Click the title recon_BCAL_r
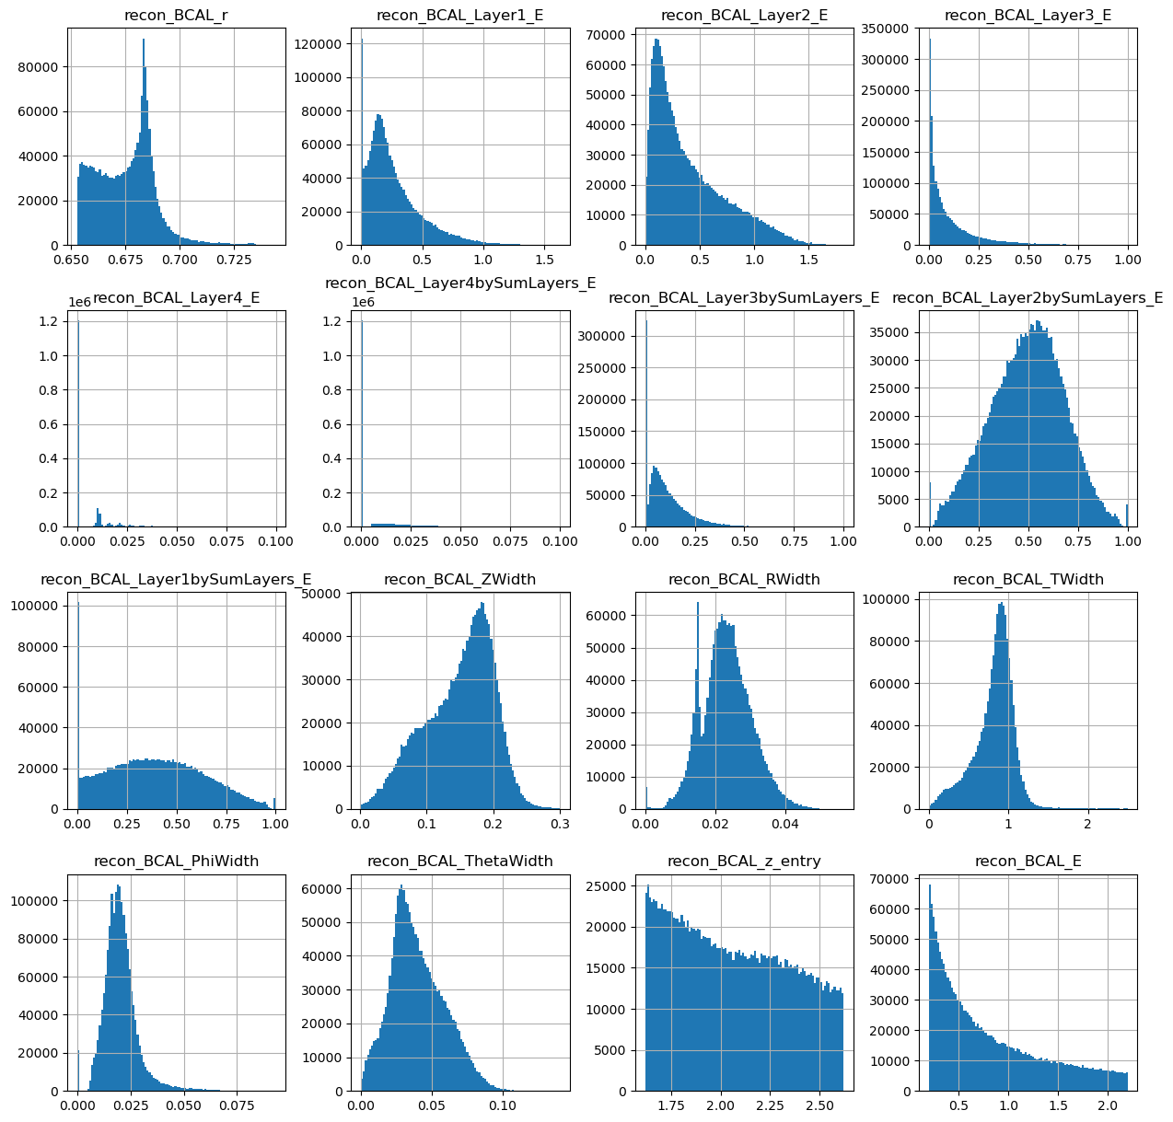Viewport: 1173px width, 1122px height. point(176,16)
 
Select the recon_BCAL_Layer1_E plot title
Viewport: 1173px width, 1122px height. point(460,16)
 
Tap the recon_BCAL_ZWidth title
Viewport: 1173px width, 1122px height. point(459,579)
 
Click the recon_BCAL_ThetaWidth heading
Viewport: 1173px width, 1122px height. point(459,861)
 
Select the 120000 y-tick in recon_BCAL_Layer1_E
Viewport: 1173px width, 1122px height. point(323,44)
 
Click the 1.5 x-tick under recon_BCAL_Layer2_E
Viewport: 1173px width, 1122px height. point(807,260)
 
